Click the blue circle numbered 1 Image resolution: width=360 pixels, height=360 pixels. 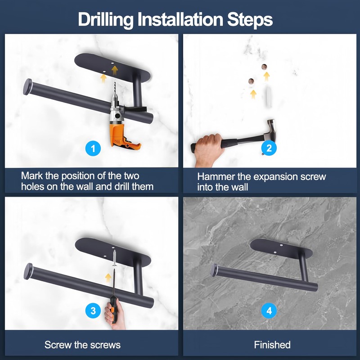93,148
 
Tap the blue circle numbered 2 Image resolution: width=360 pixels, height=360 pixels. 269,148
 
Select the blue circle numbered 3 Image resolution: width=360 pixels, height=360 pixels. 93,310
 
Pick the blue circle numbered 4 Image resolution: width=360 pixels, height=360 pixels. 269,310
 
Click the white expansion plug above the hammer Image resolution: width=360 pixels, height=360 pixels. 269,96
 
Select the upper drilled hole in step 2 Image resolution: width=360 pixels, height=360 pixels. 264,67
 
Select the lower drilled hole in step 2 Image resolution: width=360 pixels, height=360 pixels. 251,81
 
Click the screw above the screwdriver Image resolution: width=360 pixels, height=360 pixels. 114,258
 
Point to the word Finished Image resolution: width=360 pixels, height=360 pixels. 272,345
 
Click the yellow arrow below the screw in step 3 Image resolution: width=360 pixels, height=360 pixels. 108,278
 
